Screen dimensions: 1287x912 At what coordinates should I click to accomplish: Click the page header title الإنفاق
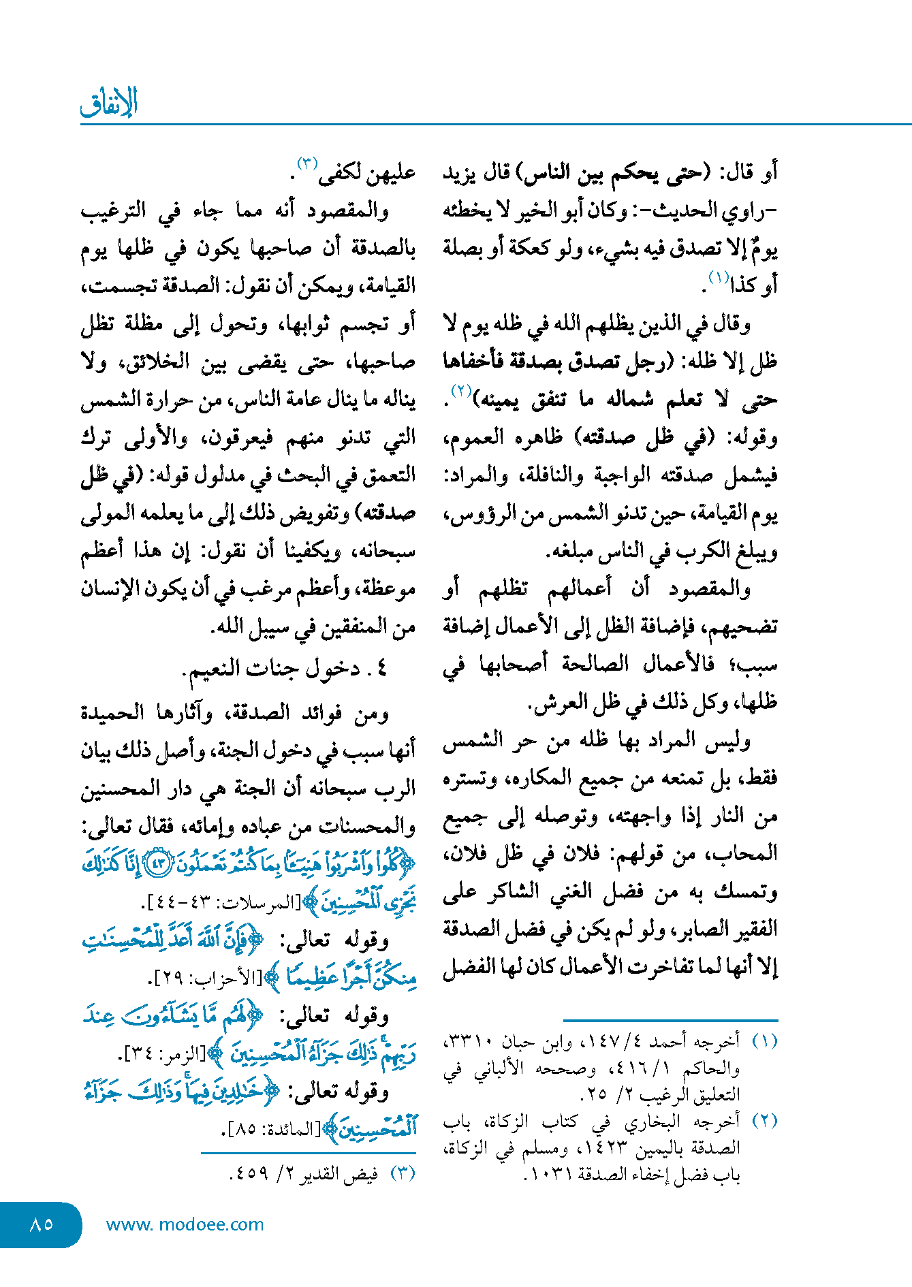coord(109,102)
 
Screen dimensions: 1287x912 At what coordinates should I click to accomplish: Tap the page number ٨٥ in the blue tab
coord(42,1224)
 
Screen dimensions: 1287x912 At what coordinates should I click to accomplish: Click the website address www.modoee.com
coord(185,1224)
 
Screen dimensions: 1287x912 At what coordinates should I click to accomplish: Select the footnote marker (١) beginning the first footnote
coord(764,1042)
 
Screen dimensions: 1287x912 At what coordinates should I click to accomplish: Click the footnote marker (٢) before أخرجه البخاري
coord(764,1121)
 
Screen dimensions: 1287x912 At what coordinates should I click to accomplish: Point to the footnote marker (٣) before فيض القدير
coord(403,1173)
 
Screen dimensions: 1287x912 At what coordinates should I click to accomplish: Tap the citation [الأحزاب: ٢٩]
coord(205,979)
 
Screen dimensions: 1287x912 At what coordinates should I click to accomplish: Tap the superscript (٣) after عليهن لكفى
coord(308,164)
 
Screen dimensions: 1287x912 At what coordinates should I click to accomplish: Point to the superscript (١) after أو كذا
coord(719,277)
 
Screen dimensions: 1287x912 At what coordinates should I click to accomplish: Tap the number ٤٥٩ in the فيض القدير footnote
coord(249,1174)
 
